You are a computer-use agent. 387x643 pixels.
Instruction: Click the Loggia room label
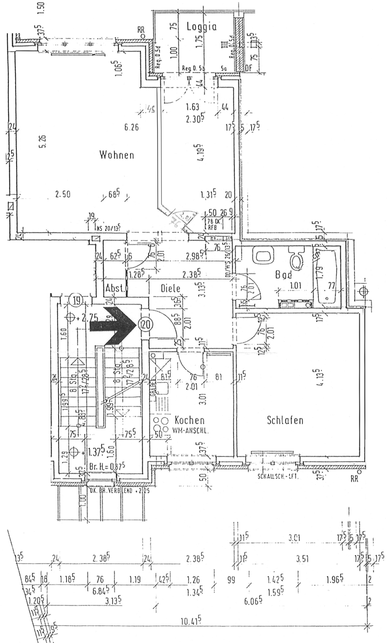pos(201,27)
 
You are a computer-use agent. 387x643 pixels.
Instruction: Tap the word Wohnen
pos(117,155)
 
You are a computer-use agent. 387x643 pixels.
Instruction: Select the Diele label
pos(171,289)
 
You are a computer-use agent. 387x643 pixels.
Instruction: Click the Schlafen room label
pos(285,420)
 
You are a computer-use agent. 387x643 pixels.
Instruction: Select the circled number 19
pos(76,300)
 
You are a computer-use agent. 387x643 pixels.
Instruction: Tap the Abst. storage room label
pos(115,289)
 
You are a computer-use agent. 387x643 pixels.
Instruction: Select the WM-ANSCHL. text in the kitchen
pos(190,430)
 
